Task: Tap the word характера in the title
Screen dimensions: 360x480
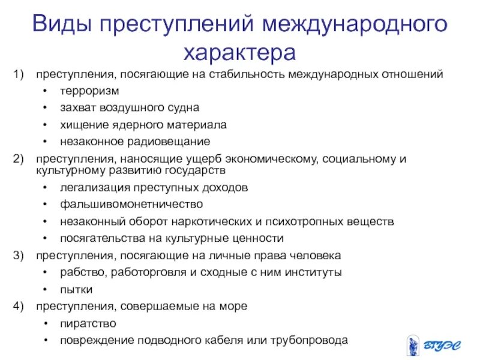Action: tap(239, 53)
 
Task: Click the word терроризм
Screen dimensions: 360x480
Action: tap(89, 91)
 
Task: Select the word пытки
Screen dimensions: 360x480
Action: tap(76, 289)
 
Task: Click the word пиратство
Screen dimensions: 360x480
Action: tap(88, 323)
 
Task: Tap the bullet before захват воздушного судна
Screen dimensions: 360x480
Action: tap(46, 108)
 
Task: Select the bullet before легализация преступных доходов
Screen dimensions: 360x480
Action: tap(46, 187)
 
